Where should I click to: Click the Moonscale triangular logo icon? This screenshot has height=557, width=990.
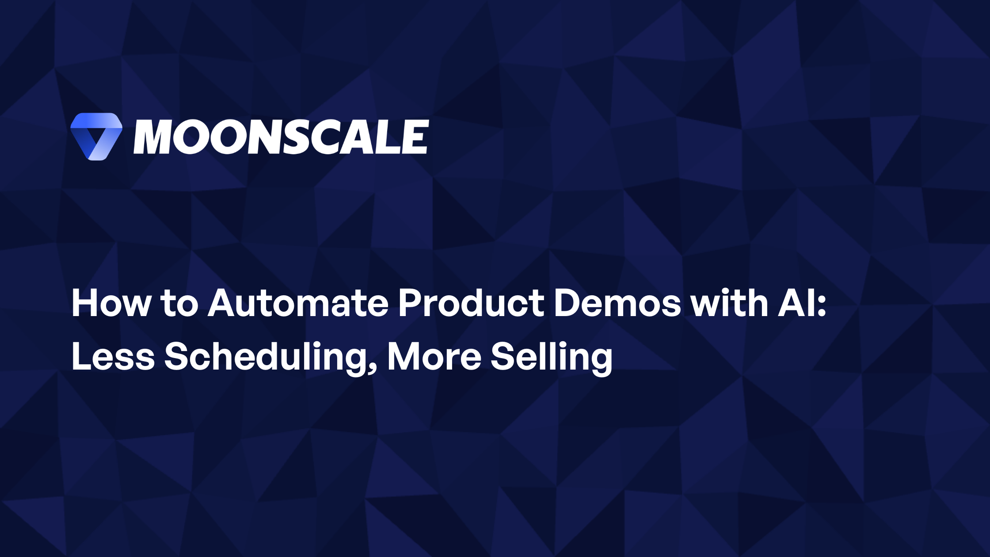click(x=96, y=136)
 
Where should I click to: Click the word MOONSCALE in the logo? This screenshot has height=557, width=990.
click(x=281, y=137)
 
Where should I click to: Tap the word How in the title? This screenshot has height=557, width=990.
click(x=110, y=304)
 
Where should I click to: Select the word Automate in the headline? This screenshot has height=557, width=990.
click(x=298, y=304)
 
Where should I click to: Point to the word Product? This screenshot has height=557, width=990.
click(x=471, y=304)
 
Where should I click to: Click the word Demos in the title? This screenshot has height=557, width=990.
click(x=617, y=304)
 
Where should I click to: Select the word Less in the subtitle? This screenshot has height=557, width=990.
click(x=113, y=357)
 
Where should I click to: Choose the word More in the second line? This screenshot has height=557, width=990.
click(x=434, y=357)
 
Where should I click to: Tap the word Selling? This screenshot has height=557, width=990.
click(x=552, y=357)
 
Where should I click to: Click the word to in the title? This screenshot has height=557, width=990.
click(x=179, y=304)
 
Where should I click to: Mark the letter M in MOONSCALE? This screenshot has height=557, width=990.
click(x=152, y=137)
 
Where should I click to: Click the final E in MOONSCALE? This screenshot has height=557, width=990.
click(x=415, y=137)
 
